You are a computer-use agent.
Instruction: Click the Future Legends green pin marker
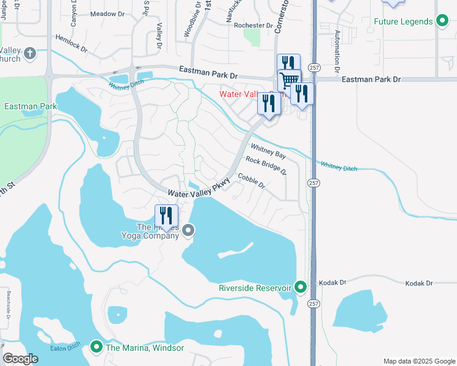pos(442,22)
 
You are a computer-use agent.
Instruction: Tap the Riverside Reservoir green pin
pos(300,287)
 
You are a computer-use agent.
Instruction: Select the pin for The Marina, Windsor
pos(96,347)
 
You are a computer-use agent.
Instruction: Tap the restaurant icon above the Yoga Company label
pos(166,217)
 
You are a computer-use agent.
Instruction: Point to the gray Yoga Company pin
pos(188,230)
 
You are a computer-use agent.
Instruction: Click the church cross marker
pos(31,55)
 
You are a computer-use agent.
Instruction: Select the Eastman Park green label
pos(31,106)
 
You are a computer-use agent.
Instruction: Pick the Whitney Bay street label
pos(268,151)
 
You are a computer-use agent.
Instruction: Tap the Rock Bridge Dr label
pos(266,165)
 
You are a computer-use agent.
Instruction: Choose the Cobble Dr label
pos(251,181)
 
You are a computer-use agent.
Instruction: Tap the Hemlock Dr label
pos(71,41)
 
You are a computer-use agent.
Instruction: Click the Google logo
pos(20,358)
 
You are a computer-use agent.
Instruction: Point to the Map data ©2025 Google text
pos(419,361)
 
